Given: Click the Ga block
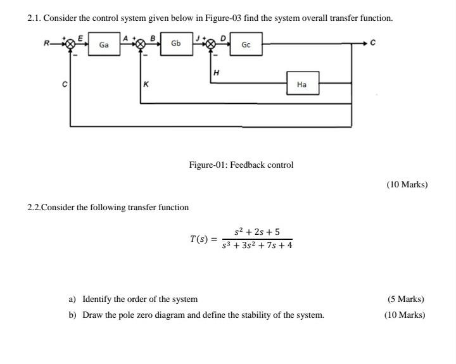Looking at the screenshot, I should pos(104,45).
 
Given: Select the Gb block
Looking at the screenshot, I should pos(175,43).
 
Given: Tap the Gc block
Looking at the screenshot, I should pos(246,45).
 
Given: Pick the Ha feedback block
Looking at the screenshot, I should pos(301,84).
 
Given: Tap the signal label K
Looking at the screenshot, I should pos(146,84).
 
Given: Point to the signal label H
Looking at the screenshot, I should pos(217,73).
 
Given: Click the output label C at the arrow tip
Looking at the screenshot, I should pos(373,44).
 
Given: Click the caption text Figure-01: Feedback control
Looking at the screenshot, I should pos(241,165).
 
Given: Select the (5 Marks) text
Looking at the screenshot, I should pos(405,299).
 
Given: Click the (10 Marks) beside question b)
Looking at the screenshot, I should pos(405,315).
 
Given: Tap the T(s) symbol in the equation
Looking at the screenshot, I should pos(199,239).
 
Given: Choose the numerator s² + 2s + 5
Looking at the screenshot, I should pos(256,232).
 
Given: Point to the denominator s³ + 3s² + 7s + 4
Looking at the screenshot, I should pos(257,246).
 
